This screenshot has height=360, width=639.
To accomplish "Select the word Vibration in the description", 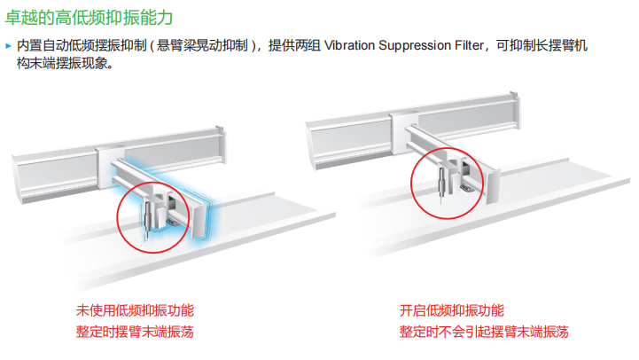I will click(351, 45).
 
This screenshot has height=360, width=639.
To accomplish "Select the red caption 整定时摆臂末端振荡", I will click(135, 333).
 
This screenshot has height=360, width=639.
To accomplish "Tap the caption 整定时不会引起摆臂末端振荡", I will click(484, 333).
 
